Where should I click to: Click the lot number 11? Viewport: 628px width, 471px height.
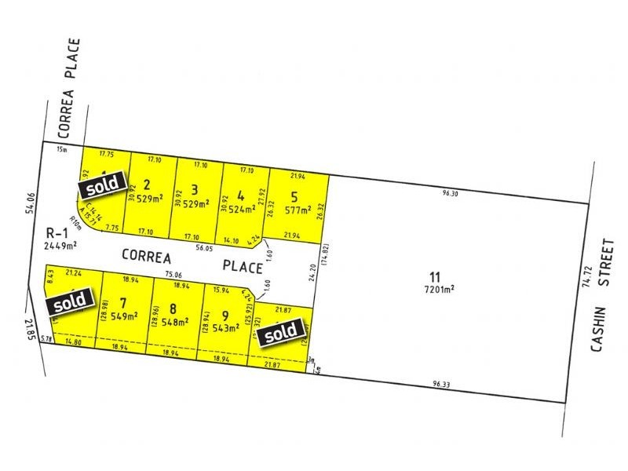click(x=435, y=276)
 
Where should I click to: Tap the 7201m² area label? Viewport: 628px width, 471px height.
click(x=440, y=288)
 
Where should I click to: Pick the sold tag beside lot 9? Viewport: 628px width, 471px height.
click(x=281, y=332)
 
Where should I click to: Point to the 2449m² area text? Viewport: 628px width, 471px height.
click(x=63, y=244)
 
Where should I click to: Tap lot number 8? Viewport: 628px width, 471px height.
click(x=172, y=309)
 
